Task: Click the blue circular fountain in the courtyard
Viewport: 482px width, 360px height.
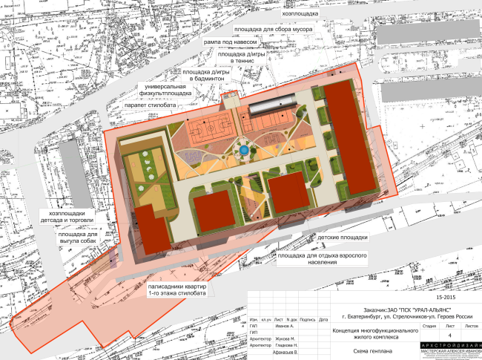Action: [242, 151]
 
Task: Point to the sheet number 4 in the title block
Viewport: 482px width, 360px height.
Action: [429, 334]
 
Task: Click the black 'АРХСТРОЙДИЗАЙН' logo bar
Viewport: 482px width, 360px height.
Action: [450, 345]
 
